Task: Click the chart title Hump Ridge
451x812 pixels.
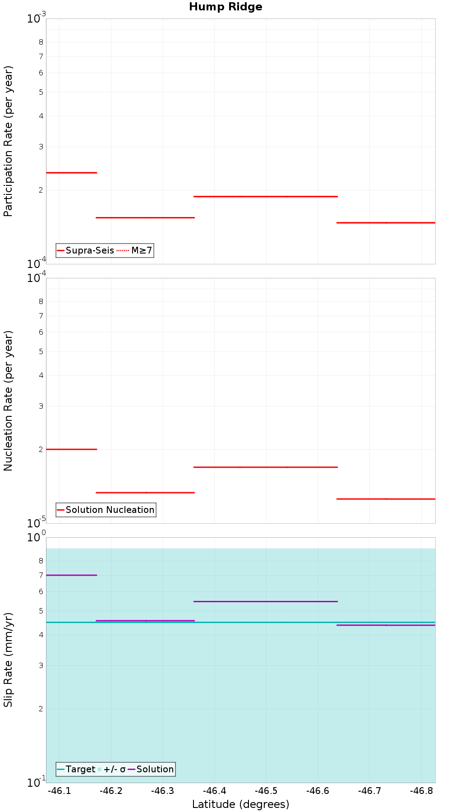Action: [225, 7]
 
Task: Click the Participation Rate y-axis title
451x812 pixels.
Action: [8, 141]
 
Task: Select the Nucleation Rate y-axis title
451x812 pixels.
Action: [8, 401]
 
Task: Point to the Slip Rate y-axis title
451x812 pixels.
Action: [8, 660]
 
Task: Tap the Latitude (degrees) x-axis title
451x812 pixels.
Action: [240, 804]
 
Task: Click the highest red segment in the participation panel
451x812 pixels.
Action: [71, 173]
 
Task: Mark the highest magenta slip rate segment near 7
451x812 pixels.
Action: [71, 575]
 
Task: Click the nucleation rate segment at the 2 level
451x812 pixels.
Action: [71, 449]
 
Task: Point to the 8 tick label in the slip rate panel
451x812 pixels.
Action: [41, 561]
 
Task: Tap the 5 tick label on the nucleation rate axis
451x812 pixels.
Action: [41, 351]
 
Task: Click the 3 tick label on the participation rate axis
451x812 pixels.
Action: [41, 147]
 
